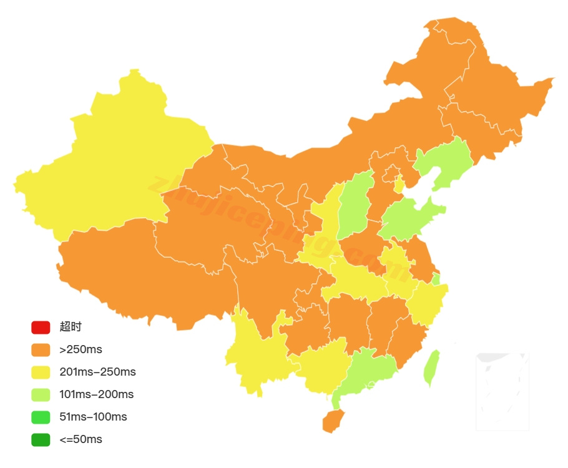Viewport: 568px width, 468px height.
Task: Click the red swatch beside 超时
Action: coord(41,327)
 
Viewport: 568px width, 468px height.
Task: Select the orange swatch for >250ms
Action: coord(41,349)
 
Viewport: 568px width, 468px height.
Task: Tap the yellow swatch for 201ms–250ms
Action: coord(41,372)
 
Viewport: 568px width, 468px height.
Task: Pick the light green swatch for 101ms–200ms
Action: coord(41,394)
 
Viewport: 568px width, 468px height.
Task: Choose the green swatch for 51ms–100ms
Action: coord(41,417)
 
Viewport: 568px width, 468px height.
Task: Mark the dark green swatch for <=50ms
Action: coord(41,439)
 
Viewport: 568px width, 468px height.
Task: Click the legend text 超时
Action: coord(71,327)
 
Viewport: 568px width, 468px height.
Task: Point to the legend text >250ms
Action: coord(81,349)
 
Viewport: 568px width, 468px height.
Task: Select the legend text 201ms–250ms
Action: coord(97,372)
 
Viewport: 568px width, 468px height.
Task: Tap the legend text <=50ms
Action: coord(81,439)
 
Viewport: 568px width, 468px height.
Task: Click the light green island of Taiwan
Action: coord(431,369)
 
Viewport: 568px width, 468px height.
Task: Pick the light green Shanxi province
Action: coord(355,206)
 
